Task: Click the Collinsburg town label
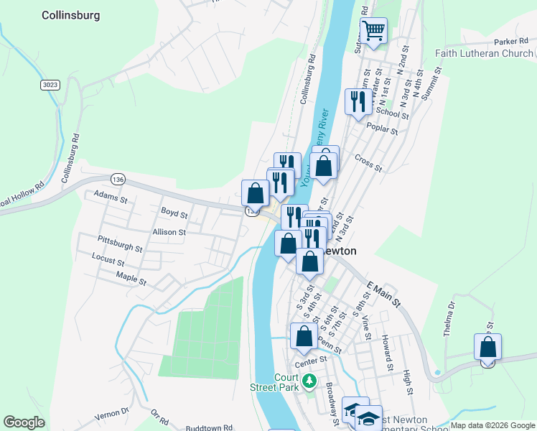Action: (70, 14)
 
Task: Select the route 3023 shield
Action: (50, 85)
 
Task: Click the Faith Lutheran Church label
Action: (485, 53)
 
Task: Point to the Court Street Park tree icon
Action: (309, 380)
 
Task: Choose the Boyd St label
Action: (174, 213)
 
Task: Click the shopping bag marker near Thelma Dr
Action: (487, 347)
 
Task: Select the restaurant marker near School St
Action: (356, 101)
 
